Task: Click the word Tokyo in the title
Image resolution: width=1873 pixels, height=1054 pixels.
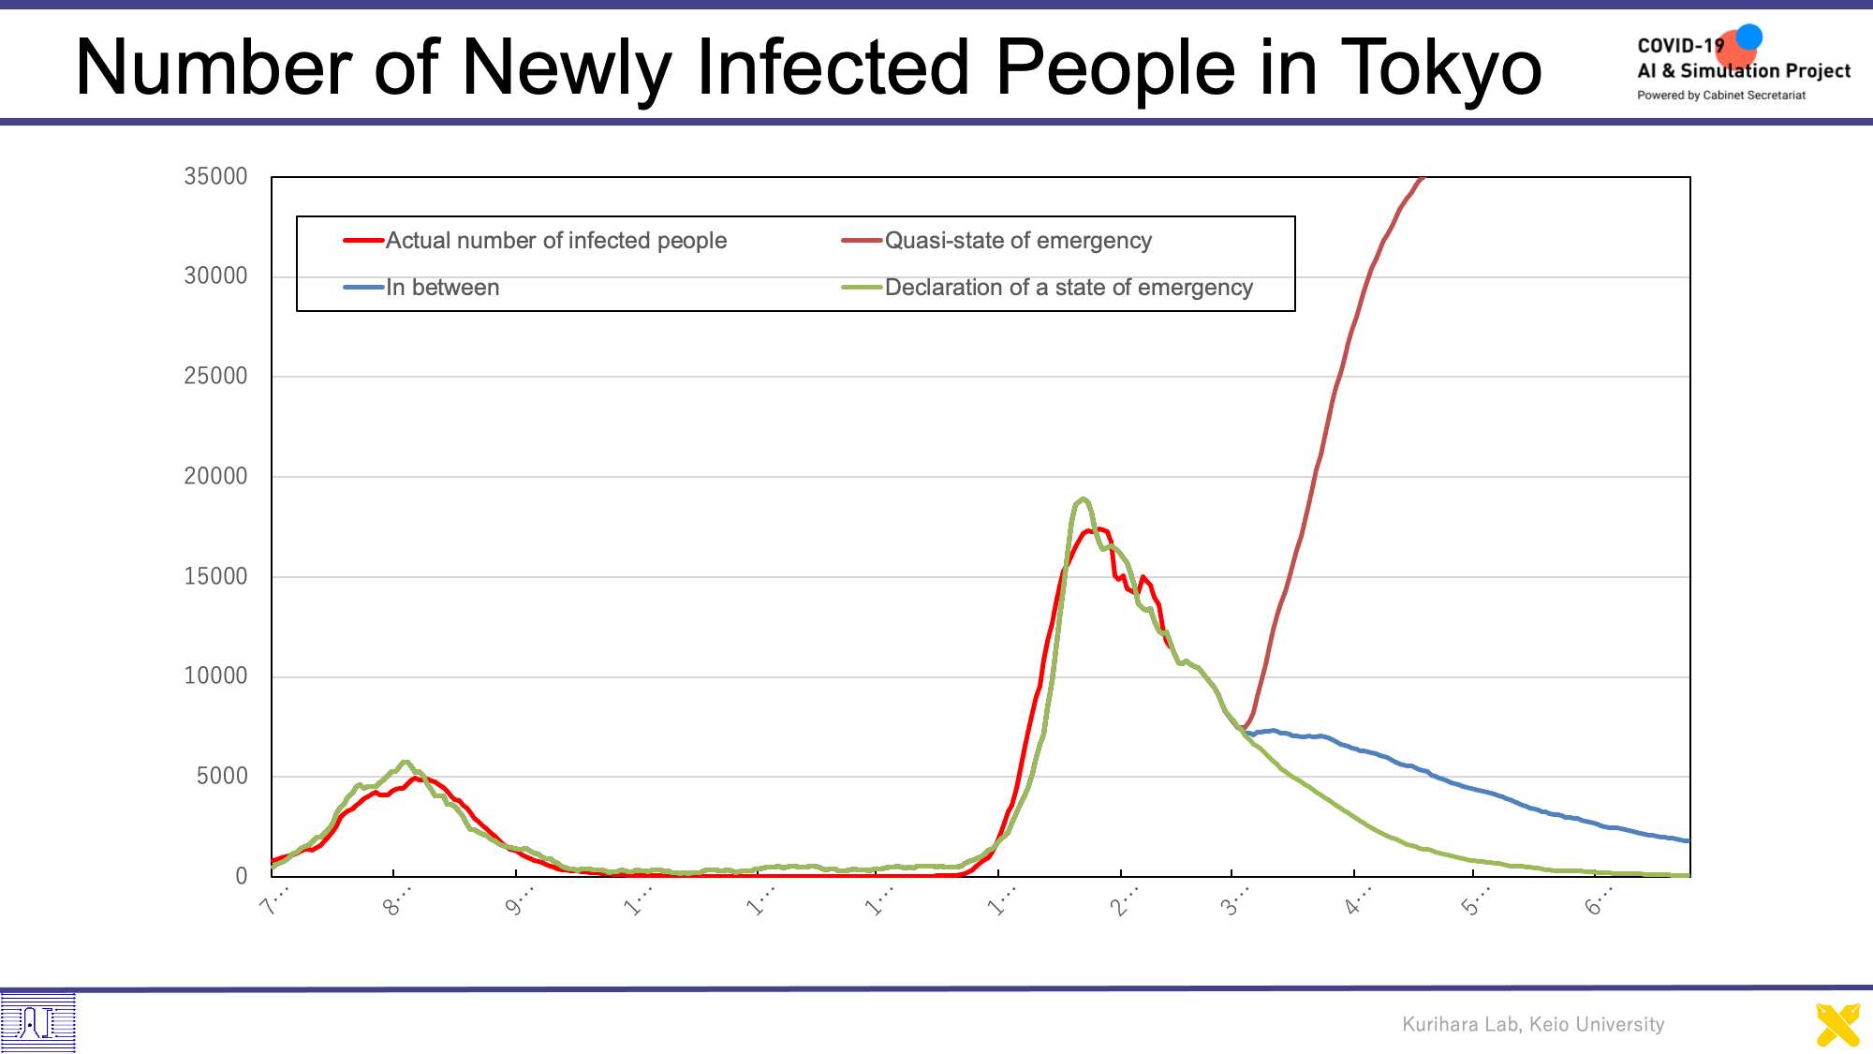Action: (1441, 67)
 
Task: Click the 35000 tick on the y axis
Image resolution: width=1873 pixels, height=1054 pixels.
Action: (215, 176)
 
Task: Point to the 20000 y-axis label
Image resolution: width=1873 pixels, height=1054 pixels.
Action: (215, 476)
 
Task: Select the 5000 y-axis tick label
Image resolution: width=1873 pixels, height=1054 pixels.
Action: (222, 776)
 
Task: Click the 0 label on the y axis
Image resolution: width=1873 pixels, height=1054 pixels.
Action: (242, 876)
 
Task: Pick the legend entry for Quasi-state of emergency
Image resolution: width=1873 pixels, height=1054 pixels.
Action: (1017, 241)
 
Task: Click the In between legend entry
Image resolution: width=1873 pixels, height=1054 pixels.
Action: (442, 288)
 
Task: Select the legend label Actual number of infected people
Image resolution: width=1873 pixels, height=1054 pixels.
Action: (555, 241)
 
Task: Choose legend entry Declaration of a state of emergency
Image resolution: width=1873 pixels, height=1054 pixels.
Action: (1068, 288)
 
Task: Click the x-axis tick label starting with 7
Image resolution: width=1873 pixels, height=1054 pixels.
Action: (274, 902)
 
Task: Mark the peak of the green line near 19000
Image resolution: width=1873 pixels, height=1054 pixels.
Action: (1083, 499)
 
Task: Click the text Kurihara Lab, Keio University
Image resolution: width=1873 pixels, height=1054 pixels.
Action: (1533, 1024)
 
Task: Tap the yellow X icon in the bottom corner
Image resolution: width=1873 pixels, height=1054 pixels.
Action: (1837, 1025)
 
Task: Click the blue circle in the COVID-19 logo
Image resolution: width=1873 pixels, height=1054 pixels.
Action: (1748, 37)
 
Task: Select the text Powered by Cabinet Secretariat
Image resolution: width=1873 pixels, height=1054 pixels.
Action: (1721, 96)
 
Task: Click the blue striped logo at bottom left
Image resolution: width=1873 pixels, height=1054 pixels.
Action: (37, 1022)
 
